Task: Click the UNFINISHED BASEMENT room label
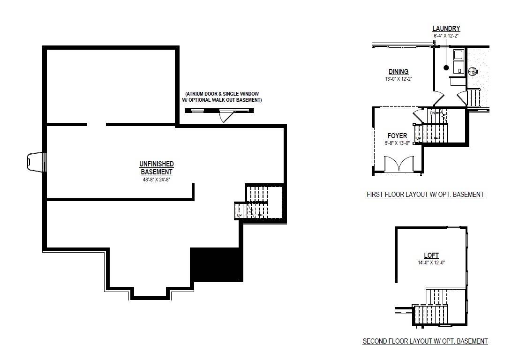(157, 168)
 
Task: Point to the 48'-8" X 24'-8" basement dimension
(157, 179)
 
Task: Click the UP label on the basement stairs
(239, 215)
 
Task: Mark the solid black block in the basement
(216, 264)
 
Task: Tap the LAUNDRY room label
(446, 29)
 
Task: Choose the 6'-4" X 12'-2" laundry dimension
(446, 36)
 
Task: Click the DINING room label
(398, 72)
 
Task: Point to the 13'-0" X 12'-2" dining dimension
(398, 79)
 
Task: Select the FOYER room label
(397, 136)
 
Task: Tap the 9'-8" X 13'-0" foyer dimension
(397, 142)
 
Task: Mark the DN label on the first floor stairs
(432, 113)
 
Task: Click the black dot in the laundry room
(446, 68)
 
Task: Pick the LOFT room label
(431, 255)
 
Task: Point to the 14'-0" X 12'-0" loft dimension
(431, 262)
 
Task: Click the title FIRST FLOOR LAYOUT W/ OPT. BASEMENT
(425, 195)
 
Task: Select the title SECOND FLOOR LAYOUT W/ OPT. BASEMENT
(425, 341)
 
